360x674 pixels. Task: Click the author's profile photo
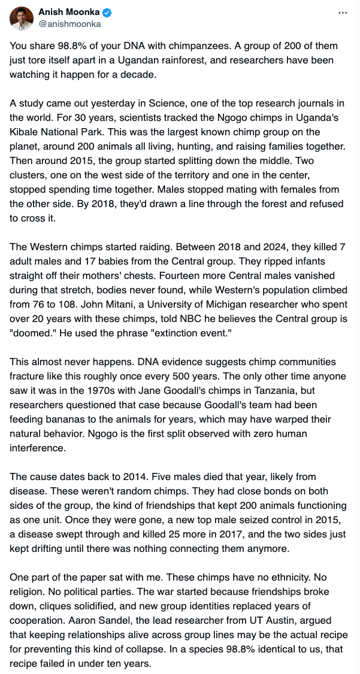[x=22, y=18]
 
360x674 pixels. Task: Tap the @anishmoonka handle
[x=69, y=25]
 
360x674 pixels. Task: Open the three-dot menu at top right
[x=343, y=13]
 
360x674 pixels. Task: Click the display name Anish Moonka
[x=69, y=13]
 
